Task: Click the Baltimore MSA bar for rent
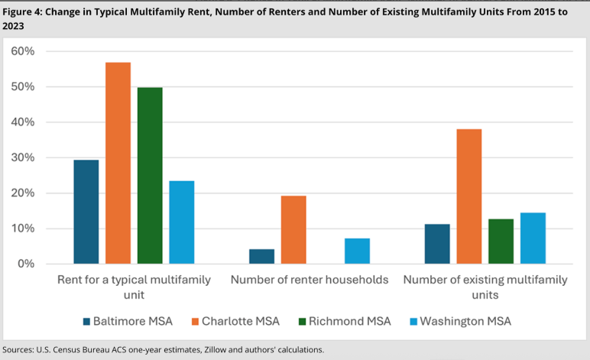86,212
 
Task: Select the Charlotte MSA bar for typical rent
118,163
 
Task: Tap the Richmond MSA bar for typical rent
150,175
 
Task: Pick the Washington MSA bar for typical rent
181,222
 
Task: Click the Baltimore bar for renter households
261,256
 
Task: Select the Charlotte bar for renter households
293,229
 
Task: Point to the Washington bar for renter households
357,251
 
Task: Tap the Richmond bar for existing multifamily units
501,241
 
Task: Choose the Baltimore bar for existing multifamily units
437,244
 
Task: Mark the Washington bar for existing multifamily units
533,238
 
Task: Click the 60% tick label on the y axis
23,51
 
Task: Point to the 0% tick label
26,264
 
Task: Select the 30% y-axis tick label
23,157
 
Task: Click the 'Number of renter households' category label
310,281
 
